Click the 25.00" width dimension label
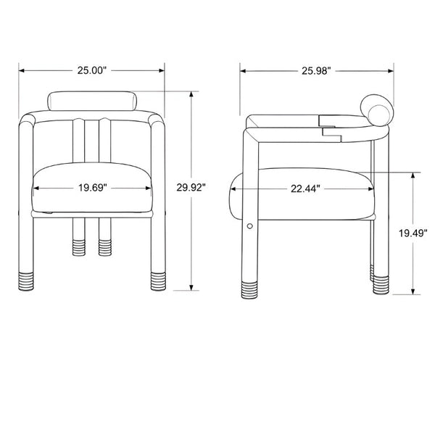pos(92,70)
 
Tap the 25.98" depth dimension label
pos(316,71)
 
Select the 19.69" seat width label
pos(92,188)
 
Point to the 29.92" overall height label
pos(191,188)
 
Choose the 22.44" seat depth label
pos(305,189)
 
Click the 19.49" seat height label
pos(413,233)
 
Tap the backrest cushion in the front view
pos(92,101)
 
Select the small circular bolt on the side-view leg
pos(249,226)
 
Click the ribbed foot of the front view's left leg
pos(26,281)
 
